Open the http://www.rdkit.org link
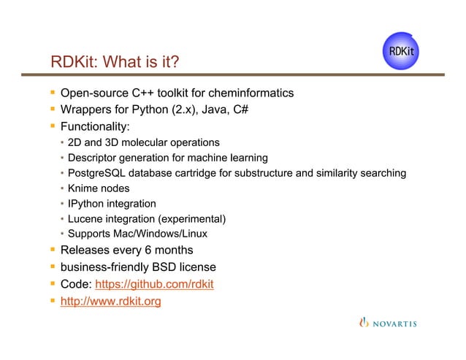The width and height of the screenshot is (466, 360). click(111, 301)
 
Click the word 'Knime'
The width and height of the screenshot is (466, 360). click(83, 188)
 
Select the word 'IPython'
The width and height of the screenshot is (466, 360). click(86, 204)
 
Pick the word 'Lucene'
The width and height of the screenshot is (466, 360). click(85, 219)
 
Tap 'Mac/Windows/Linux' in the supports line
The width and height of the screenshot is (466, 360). click(164, 234)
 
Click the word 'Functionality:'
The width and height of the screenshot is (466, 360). click(95, 126)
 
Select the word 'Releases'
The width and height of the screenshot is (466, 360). click(85, 250)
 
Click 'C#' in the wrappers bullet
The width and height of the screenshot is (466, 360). click(245, 110)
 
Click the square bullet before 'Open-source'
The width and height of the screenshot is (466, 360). click(53, 93)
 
